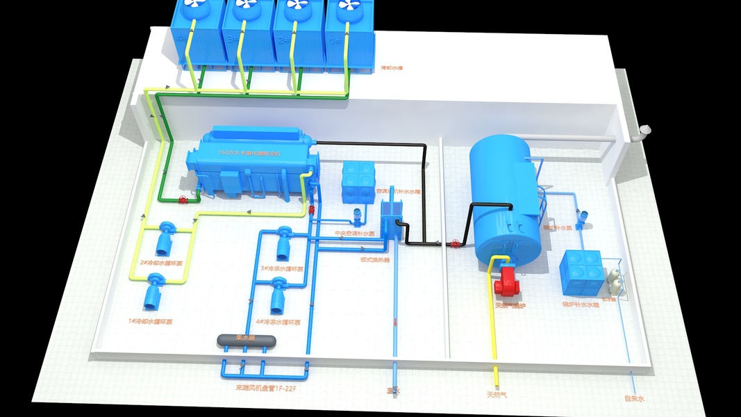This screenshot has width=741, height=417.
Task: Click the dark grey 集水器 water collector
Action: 247,339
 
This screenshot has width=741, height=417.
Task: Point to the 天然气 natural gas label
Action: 497,395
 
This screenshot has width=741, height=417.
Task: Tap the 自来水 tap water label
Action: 634,398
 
